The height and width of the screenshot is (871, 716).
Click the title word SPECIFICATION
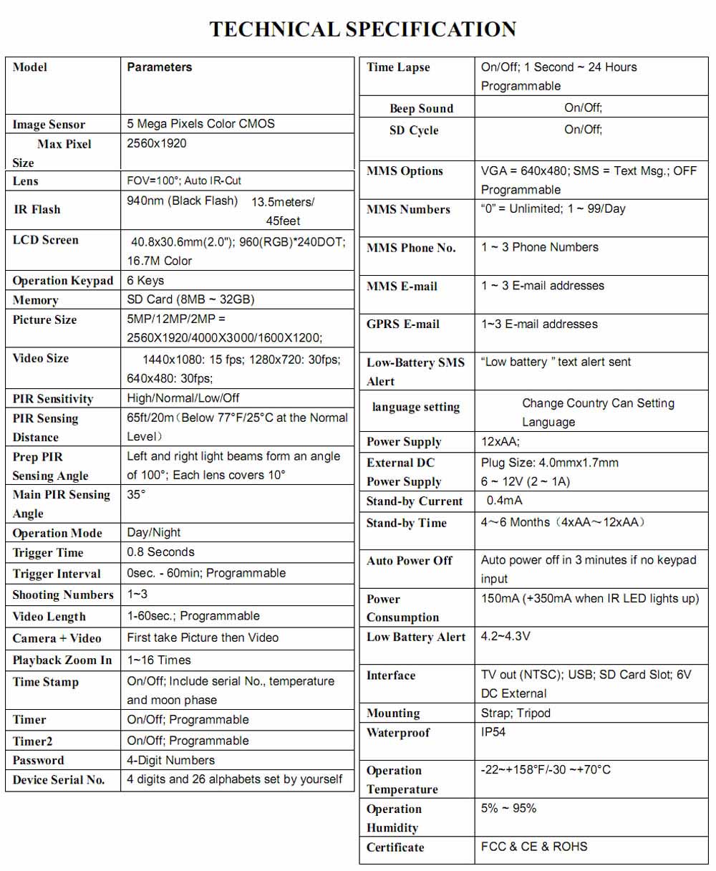coord(431,29)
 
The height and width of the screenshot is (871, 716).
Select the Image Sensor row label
coord(49,125)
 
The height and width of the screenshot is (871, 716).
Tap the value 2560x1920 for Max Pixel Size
coord(156,143)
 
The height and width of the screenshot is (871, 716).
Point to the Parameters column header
coord(160,67)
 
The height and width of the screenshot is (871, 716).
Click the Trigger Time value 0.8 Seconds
coord(160,552)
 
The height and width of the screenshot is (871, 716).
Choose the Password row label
coord(39,761)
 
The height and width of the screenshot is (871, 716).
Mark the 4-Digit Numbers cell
coord(170,761)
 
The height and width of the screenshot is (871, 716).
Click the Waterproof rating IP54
coord(493,732)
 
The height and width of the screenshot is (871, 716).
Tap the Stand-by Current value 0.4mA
coord(504,501)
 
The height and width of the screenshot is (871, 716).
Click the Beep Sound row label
coord(421,109)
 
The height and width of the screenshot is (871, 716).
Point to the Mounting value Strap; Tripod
coord(516,713)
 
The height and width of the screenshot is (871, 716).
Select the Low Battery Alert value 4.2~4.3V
coord(505,637)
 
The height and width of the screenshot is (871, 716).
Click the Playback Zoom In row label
coord(62,660)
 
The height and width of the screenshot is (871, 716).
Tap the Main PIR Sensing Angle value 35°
coord(136,495)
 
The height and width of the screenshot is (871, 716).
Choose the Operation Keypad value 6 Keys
coord(145,281)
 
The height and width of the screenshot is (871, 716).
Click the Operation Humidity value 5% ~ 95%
coord(508,809)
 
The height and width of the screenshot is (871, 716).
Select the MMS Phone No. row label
coord(411,248)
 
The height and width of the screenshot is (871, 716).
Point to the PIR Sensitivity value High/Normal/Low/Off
coord(183,398)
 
